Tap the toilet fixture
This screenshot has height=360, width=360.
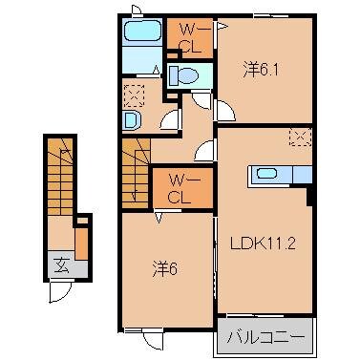pos(186,75)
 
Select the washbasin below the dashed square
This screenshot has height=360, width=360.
pos(133,120)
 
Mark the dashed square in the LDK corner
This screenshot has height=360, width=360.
pos(299,136)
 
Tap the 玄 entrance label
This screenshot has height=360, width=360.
pos(61,265)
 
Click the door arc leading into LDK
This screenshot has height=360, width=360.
pos(204,150)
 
